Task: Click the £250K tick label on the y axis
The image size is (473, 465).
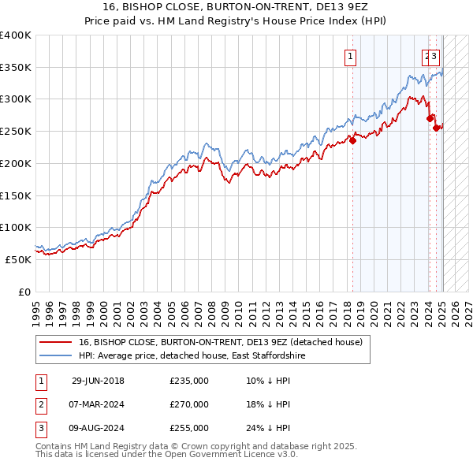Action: tap(15, 131)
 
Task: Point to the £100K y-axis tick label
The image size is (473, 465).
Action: tap(15, 227)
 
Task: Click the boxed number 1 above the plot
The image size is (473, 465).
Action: tap(348, 56)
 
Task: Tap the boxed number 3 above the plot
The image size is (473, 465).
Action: tap(434, 56)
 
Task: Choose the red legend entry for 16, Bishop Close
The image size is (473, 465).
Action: tap(220, 342)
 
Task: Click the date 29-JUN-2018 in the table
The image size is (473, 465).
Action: tap(98, 381)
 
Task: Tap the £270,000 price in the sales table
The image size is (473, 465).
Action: tap(189, 404)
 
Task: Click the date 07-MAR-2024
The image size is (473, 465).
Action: tap(98, 404)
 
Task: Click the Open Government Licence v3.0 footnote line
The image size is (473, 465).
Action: tap(167, 455)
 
